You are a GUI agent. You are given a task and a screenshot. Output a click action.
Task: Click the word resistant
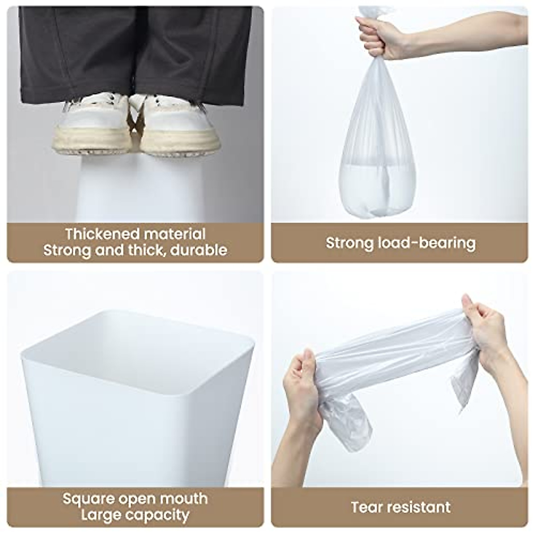pos(418,507)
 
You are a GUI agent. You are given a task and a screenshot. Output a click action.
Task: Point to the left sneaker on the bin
pos(89,125)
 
